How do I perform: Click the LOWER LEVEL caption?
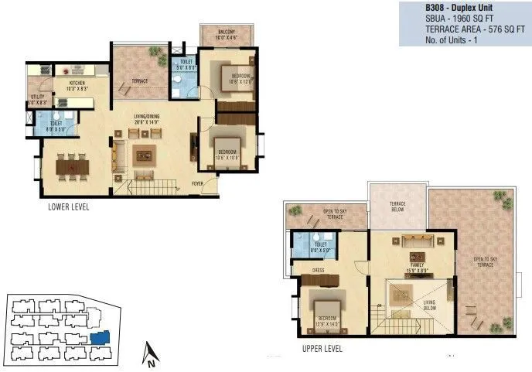point(68,206)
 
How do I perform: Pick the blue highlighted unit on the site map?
point(100,338)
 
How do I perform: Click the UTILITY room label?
point(36,98)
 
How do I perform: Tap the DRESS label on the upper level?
point(317,271)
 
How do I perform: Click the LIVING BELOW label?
point(430,305)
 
